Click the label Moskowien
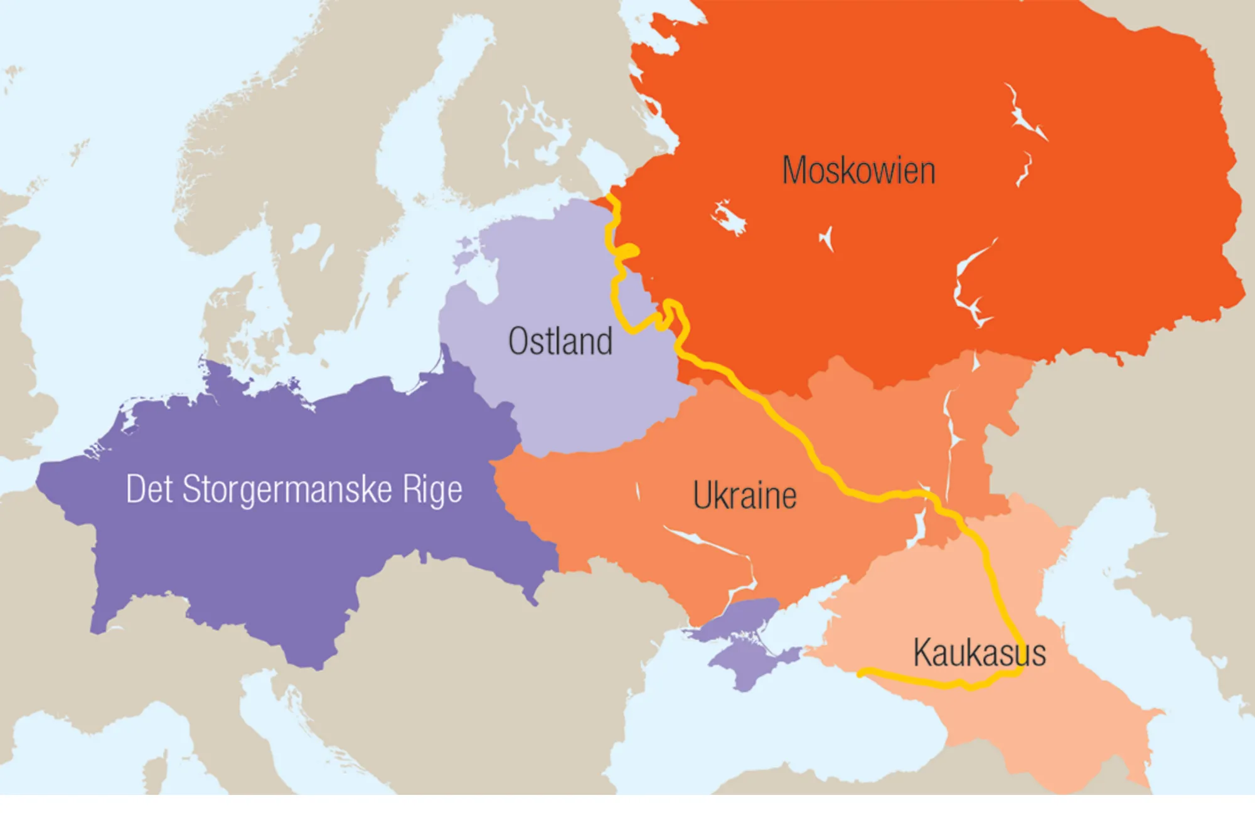pos(858,171)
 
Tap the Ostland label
pos(560,342)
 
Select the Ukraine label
pos(745,496)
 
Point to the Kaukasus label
pos(979,653)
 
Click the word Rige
pos(432,490)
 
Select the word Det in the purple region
pos(149,489)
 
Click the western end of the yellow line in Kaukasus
pos(861,672)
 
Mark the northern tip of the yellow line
pos(609,198)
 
